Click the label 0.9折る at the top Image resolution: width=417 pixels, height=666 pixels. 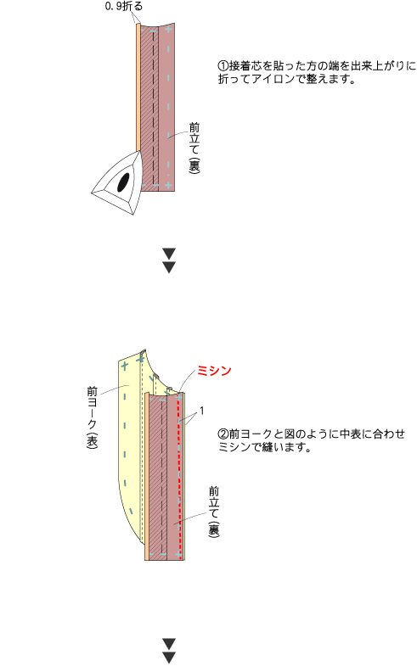click(x=124, y=6)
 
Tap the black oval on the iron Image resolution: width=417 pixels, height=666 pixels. click(x=123, y=182)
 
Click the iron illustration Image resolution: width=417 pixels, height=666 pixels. click(x=117, y=182)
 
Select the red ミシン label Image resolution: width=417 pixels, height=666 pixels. click(x=214, y=371)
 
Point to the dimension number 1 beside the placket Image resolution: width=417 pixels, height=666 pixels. click(x=202, y=411)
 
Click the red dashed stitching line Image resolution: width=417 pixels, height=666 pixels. click(x=180, y=476)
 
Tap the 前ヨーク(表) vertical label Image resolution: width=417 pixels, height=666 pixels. click(x=93, y=417)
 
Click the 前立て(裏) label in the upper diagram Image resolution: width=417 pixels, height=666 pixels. click(x=194, y=147)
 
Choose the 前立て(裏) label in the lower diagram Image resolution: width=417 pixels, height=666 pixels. click(x=214, y=512)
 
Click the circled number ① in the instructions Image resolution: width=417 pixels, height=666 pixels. click(x=223, y=66)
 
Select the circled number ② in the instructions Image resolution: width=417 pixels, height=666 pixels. click(x=223, y=434)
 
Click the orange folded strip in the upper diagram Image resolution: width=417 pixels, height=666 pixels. click(x=138, y=87)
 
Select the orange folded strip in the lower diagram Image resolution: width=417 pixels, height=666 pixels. click(x=147, y=476)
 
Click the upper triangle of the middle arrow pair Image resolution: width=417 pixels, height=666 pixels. click(x=169, y=254)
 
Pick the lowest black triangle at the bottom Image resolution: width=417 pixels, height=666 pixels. click(x=169, y=658)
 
